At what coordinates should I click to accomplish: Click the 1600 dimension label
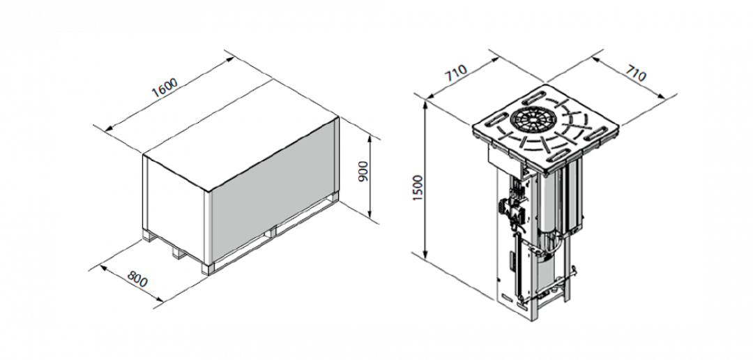tap(165, 87)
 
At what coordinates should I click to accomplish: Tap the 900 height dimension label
tap(363, 172)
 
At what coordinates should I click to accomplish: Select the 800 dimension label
tap(137, 279)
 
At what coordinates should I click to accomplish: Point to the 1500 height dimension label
tap(419, 188)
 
